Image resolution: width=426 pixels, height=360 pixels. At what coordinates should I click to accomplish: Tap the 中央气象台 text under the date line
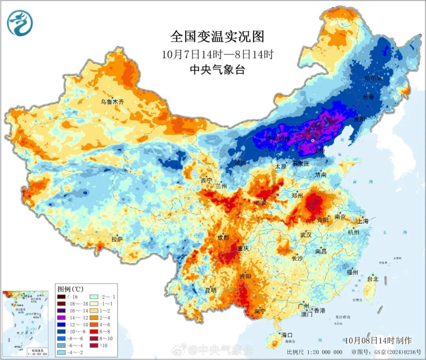pos(217,70)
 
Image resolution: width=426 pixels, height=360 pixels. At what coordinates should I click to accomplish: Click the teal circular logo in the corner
pos(20,22)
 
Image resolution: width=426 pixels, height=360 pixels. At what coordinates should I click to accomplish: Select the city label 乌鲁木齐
pos(112,102)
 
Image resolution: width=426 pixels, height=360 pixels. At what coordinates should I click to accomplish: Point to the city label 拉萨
pos(117,239)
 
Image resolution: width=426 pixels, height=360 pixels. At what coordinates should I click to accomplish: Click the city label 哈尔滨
pos(373,78)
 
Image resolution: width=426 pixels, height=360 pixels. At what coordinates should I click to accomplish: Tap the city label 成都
pos(223,237)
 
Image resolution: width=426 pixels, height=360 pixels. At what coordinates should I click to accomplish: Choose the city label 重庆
pos(243,248)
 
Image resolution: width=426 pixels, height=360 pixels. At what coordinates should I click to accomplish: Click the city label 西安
pos(261,203)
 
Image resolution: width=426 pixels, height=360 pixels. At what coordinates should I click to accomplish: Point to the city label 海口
pos(287,335)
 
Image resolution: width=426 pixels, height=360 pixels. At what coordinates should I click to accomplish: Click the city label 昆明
pos(211,290)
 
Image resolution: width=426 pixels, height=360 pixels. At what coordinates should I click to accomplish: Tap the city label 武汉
pos(306,235)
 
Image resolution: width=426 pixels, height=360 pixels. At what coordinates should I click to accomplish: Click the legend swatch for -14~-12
pos(61,317)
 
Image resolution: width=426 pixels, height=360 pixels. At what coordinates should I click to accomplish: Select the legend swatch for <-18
pos(61,297)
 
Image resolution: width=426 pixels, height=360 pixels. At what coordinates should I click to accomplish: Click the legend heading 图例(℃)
pos(71,289)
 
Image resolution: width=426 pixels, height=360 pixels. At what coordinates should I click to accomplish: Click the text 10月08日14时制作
pos(378,340)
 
